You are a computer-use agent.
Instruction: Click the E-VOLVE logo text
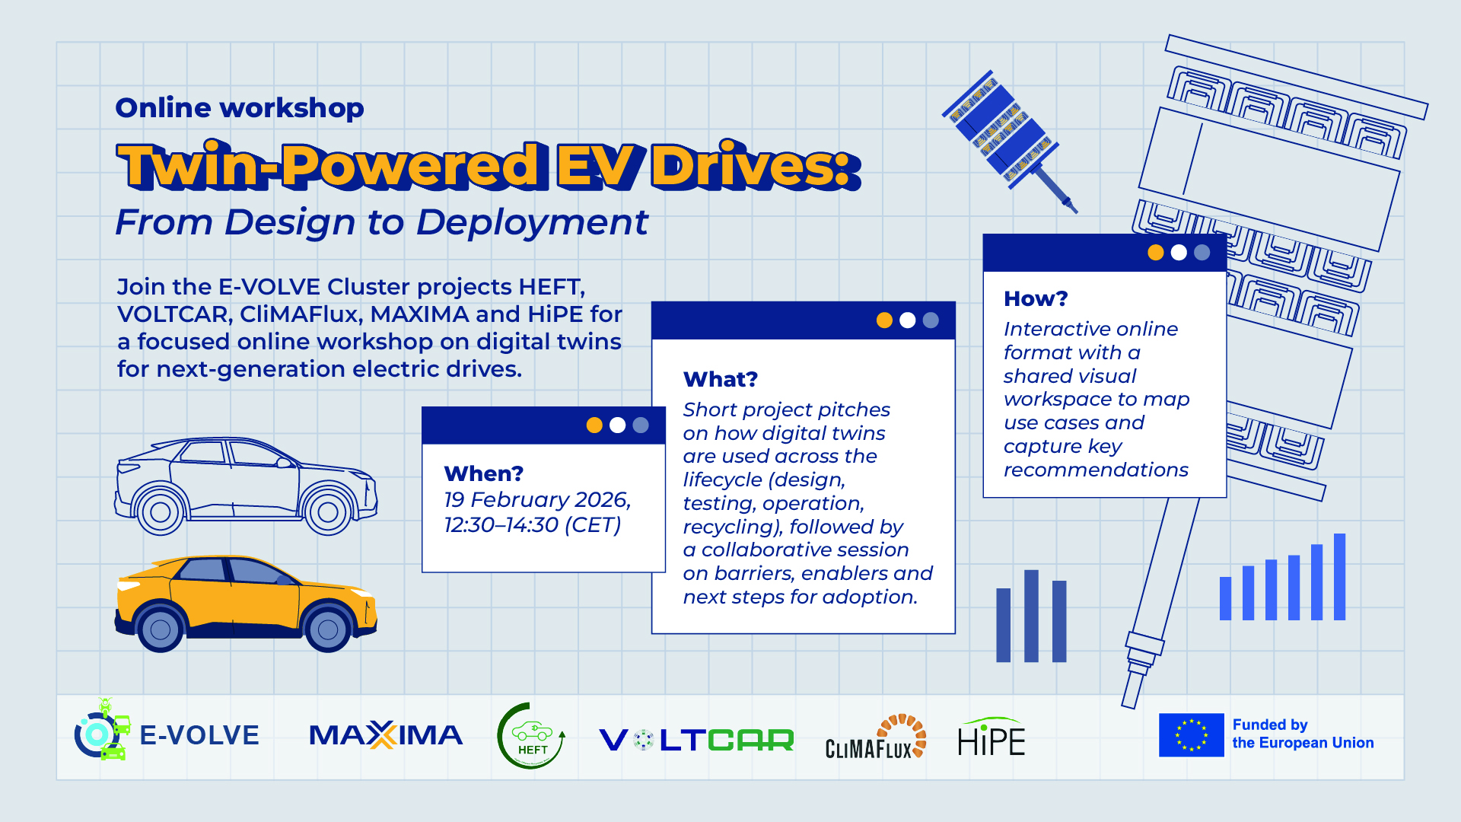199,735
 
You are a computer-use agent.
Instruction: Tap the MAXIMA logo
386,735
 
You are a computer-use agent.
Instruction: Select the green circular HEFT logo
531,736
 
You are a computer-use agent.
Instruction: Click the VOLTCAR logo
696,740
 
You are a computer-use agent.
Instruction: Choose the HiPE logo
992,736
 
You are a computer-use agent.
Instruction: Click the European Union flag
1192,735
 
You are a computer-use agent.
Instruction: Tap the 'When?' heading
484,473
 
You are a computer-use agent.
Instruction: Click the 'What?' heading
721,379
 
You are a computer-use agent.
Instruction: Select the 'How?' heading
1036,298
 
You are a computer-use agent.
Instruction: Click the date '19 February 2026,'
537,500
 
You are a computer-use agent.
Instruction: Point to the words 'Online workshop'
240,107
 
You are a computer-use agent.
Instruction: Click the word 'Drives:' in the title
756,165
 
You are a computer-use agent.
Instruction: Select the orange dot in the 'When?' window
594,425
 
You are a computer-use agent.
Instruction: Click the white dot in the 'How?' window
1179,253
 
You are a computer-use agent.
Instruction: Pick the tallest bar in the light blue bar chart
1340,577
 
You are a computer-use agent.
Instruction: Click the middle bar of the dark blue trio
1031,616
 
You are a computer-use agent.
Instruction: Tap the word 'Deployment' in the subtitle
532,223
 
